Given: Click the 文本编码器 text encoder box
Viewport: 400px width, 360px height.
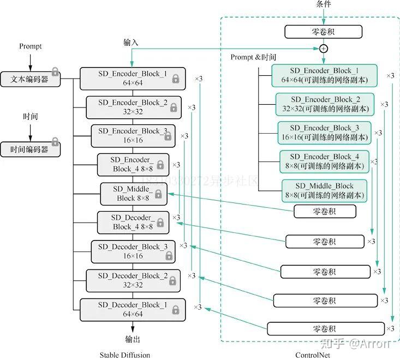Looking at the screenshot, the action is [31, 79].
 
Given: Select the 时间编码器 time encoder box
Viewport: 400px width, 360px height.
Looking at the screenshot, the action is [31, 149].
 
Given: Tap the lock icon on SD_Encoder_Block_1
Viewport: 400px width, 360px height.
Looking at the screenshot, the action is [176, 79].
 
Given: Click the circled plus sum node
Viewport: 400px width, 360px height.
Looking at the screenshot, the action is [324, 49].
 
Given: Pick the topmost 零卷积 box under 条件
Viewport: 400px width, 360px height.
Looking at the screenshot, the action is [323, 32].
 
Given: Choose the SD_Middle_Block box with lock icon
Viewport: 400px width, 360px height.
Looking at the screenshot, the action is [134, 194].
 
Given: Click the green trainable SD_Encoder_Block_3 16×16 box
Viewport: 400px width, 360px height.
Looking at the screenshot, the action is [324, 133].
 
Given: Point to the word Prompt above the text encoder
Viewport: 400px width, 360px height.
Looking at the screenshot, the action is [31, 46].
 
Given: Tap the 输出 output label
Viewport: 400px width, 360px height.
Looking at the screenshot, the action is [133, 339].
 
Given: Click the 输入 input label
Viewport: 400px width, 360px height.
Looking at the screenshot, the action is [131, 43].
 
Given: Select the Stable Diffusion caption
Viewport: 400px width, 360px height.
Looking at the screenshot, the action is [125, 355].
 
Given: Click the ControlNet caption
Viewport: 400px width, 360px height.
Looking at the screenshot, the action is [313, 355].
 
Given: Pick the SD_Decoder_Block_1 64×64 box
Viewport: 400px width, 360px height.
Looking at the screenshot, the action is [133, 310].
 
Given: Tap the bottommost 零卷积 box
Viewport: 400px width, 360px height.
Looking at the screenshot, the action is [326, 329].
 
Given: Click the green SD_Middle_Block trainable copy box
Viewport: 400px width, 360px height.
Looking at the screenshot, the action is [324, 191].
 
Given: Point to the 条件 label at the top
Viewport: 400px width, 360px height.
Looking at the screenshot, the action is [324, 4].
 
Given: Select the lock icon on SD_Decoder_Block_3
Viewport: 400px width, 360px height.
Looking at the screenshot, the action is [169, 255].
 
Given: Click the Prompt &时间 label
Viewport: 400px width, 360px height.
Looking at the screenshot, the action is [253, 57].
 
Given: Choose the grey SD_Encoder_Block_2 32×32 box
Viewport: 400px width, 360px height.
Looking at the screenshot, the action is [134, 107].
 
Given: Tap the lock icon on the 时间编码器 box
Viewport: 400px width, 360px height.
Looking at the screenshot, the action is [55, 141].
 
